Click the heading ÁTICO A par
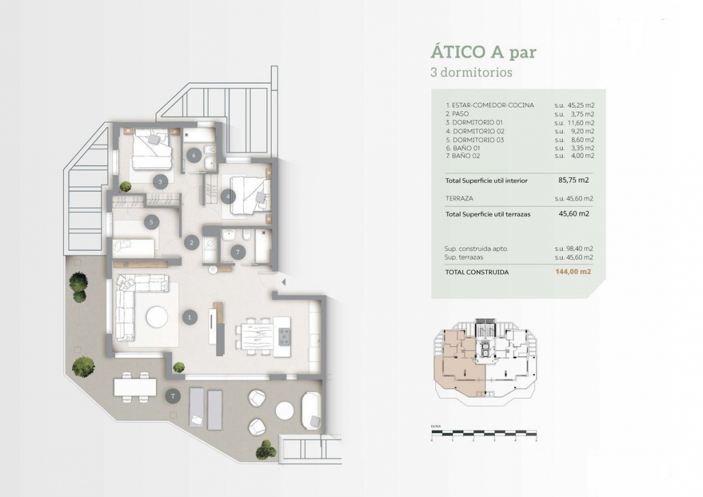click(x=483, y=51)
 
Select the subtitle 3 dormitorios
click(x=471, y=71)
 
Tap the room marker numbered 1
click(x=190, y=316)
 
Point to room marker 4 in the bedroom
click(x=229, y=196)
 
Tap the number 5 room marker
click(x=151, y=221)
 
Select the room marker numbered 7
click(x=238, y=252)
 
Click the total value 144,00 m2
click(x=573, y=272)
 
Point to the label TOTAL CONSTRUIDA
click(x=477, y=272)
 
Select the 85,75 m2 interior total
click(x=574, y=181)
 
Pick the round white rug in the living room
click(x=157, y=316)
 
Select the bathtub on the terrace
click(x=311, y=410)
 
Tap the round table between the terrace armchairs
click(x=284, y=410)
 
